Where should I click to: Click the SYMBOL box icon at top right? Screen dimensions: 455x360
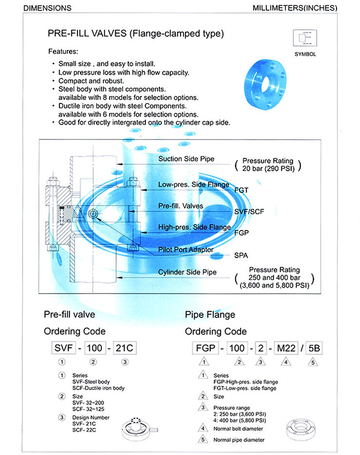tap(305, 38)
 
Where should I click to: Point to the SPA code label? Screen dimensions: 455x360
tap(240, 255)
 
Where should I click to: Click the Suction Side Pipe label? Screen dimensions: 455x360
tap(186, 159)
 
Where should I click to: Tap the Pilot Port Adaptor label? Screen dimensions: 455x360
tap(186, 249)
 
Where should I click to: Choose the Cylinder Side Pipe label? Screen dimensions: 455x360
tap(187, 272)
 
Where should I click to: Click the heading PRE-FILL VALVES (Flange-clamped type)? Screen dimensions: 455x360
tap(136, 34)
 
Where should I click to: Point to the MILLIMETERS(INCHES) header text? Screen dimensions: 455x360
tap(295, 8)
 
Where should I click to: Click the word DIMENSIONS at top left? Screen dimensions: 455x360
tap(47, 8)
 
